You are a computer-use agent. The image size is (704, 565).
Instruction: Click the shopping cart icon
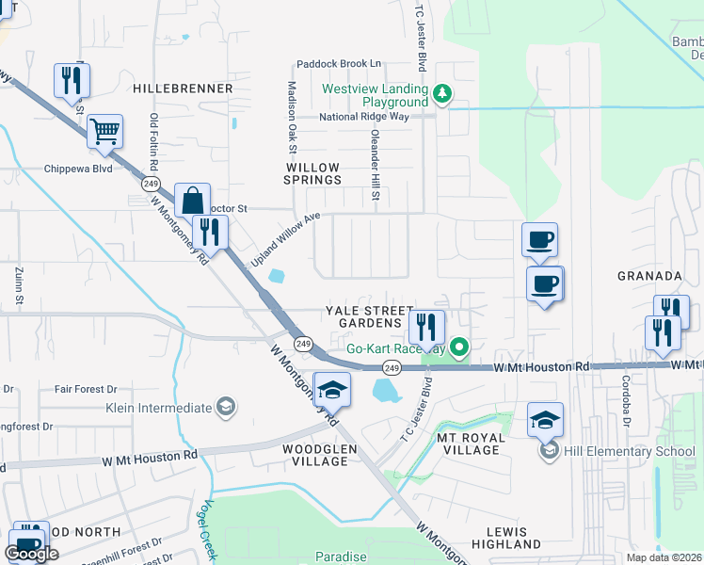105,132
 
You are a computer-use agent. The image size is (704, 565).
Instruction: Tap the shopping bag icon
192,200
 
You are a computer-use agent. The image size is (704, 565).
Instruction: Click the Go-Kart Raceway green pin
459,347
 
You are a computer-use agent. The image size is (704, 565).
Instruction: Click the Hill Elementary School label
628,451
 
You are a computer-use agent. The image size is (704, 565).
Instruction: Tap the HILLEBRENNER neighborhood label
183,89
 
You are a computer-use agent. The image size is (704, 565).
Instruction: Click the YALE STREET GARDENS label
369,316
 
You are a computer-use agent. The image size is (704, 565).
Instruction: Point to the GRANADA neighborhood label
649,276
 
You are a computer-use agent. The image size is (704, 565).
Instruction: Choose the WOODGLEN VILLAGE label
320,456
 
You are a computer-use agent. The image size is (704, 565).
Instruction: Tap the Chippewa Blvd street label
78,169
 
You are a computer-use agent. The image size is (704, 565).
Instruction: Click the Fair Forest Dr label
85,388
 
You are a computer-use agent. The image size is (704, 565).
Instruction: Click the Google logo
31,553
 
